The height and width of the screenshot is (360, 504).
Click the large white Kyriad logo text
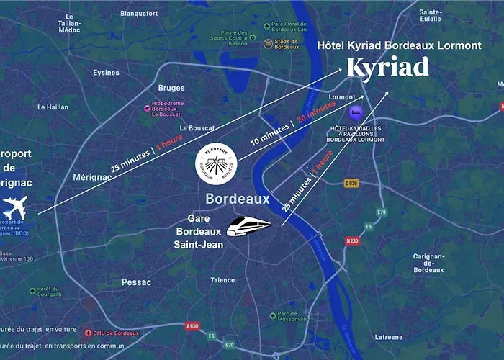(387, 68)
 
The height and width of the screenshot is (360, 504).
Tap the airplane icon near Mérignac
(14, 209)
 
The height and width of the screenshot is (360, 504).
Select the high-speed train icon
(248, 226)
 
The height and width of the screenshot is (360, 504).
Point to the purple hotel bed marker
(354, 113)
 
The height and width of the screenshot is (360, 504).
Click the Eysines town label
(106, 72)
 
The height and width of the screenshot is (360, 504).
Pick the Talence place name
(222, 280)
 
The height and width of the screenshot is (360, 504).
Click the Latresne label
(389, 336)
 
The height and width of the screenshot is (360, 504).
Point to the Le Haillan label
(53, 107)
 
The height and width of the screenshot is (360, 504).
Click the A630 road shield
(192, 326)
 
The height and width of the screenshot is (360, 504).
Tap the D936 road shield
(351, 183)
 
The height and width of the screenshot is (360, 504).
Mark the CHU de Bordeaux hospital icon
(88, 333)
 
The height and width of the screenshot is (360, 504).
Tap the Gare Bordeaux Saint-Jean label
(199, 231)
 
